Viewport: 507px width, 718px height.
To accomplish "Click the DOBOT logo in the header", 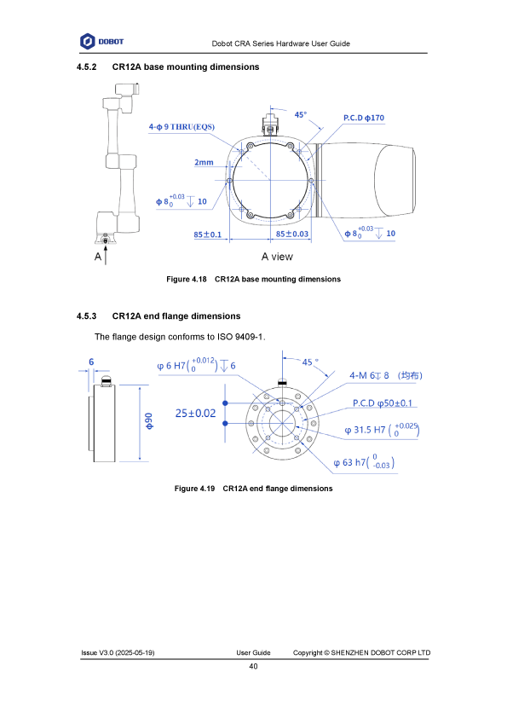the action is (101, 41).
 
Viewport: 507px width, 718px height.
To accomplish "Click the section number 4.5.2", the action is (86, 67).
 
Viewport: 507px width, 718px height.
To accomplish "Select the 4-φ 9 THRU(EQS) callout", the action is (181, 127).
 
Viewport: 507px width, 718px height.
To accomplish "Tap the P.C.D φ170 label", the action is (364, 118).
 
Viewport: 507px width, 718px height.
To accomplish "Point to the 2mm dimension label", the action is (204, 162).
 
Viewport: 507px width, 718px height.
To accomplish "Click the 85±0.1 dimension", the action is (207, 235).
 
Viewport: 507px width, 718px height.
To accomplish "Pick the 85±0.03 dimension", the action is (292, 234).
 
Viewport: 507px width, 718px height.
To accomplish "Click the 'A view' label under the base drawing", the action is (277, 257).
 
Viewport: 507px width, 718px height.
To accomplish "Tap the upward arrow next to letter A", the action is (106, 255).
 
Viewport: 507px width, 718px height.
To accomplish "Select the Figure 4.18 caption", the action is (254, 279).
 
